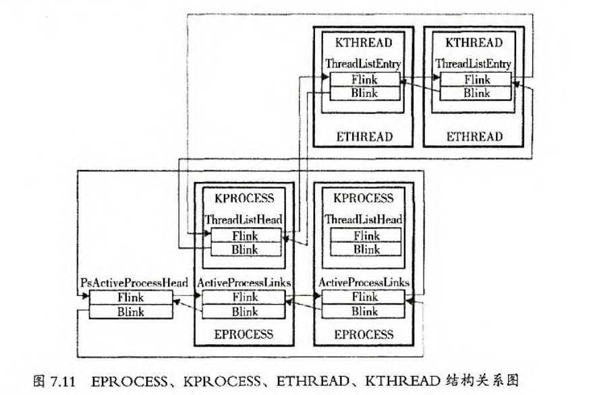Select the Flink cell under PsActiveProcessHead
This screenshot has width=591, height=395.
pyautogui.click(x=130, y=297)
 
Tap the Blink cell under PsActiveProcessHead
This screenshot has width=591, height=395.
pyautogui.click(x=130, y=311)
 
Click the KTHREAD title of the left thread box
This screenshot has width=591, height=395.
pyautogui.click(x=364, y=43)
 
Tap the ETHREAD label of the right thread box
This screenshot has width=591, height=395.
pyautogui.click(x=474, y=137)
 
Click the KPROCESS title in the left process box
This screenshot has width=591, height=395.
pyautogui.click(x=244, y=198)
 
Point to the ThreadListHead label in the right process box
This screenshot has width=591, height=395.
pyautogui.click(x=364, y=220)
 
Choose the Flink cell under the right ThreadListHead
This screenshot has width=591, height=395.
pyautogui.click(x=366, y=236)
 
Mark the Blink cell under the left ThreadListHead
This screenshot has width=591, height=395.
pyautogui.click(x=244, y=249)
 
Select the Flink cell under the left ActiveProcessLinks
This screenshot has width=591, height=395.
pyautogui.click(x=244, y=297)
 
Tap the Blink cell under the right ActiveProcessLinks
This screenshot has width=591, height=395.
pyautogui.click(x=365, y=311)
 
